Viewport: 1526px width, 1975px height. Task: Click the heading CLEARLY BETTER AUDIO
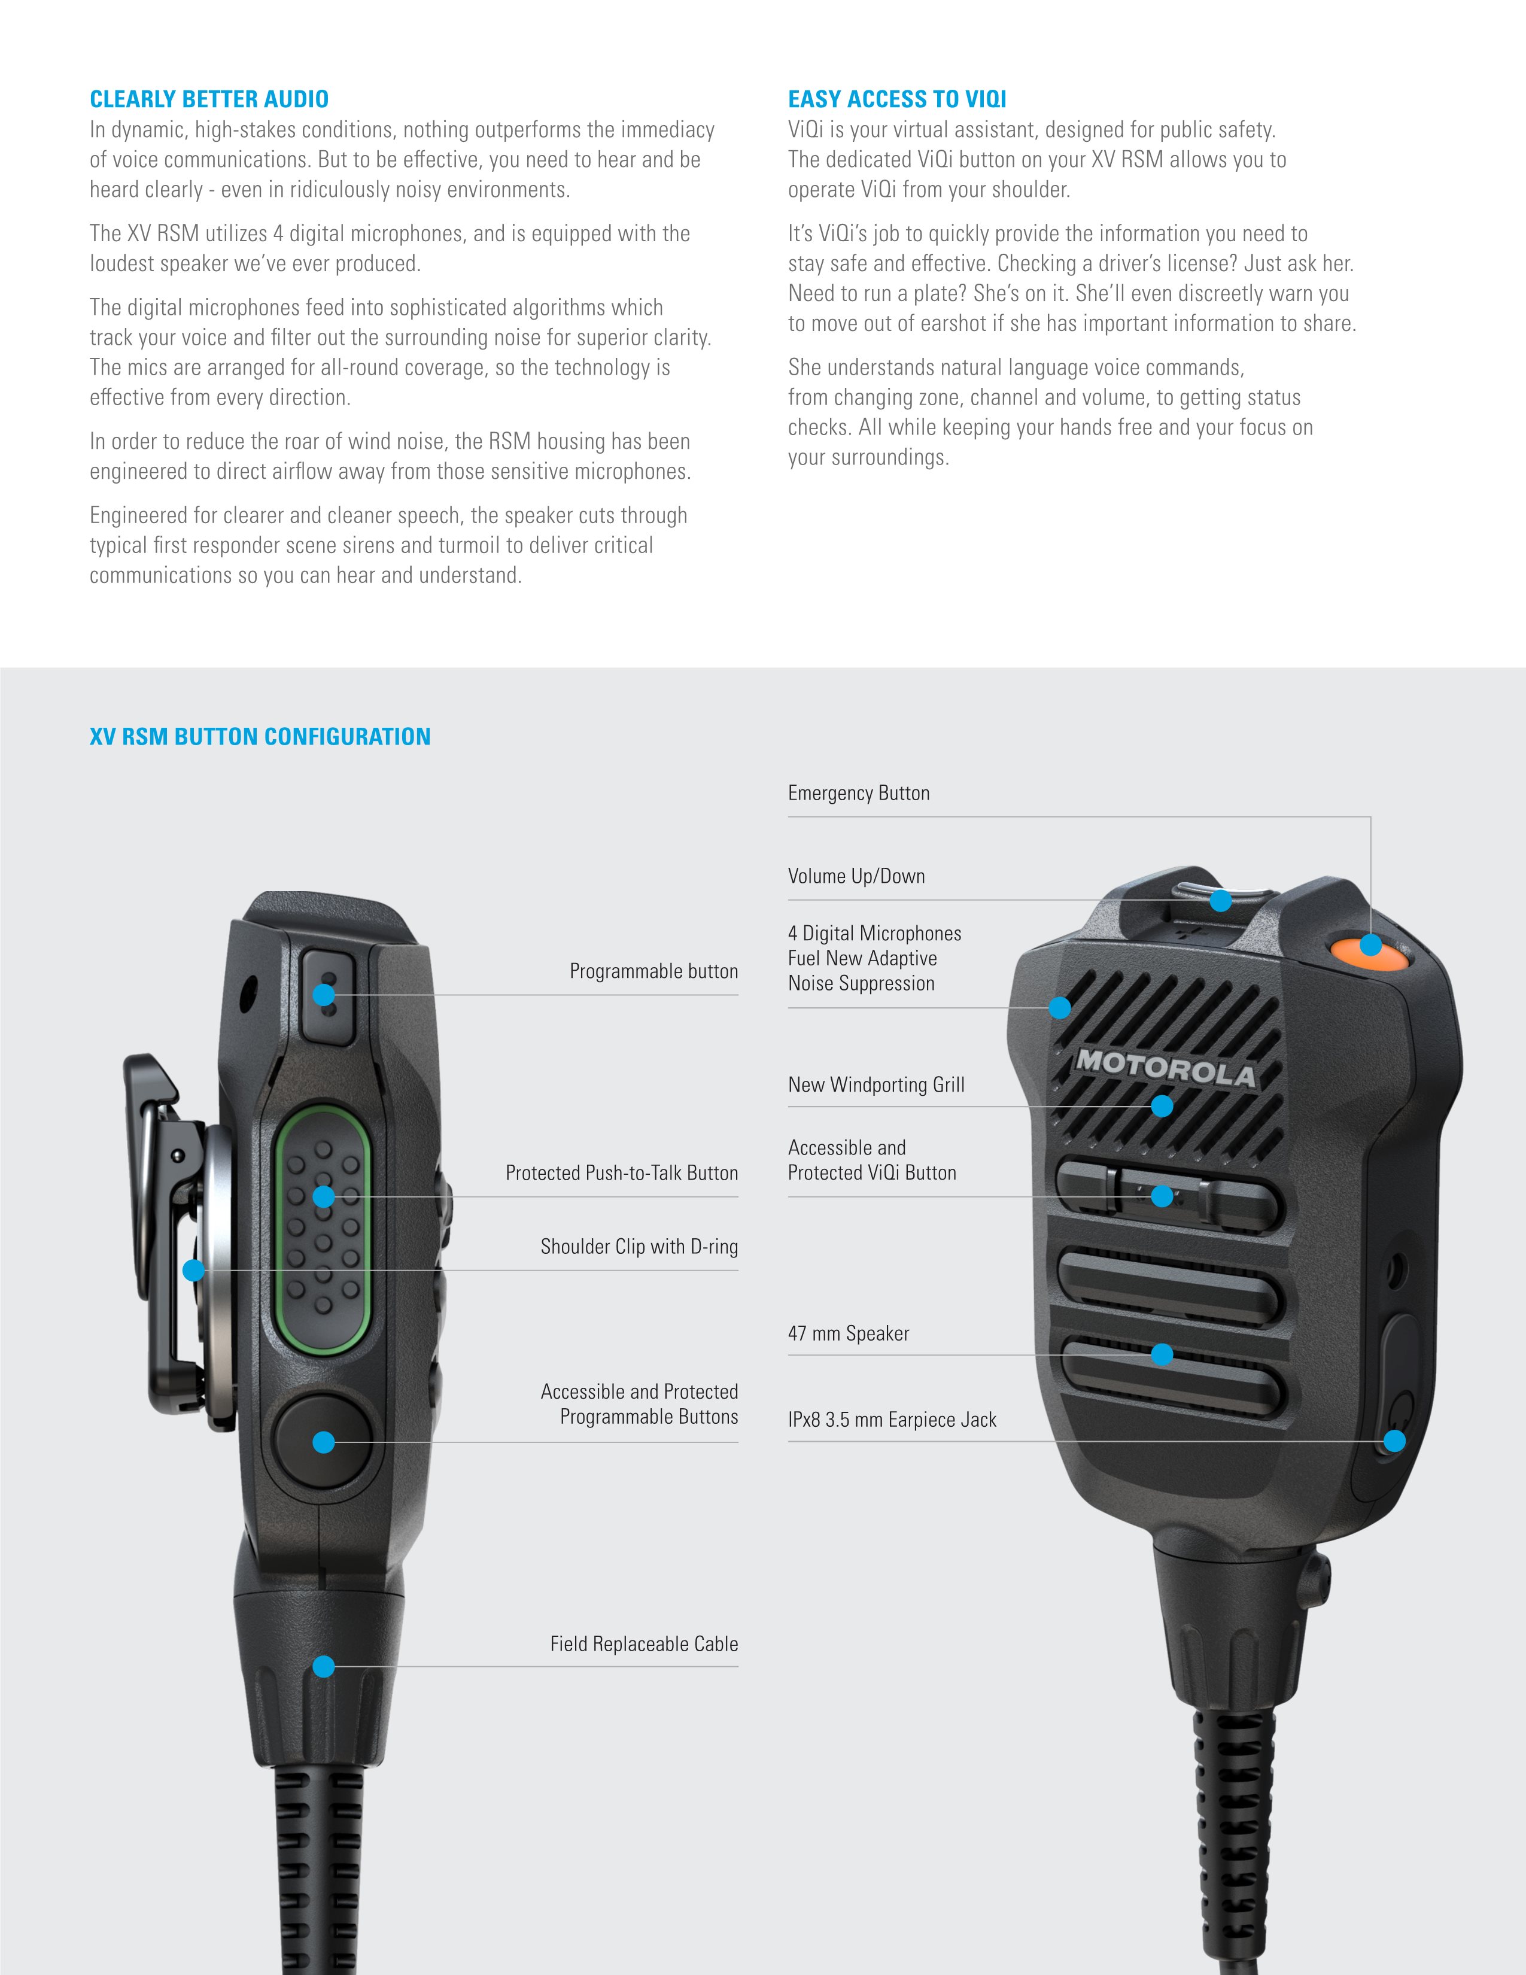click(209, 99)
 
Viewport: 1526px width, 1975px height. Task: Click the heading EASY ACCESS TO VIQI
click(897, 99)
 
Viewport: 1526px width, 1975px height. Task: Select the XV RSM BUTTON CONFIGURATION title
click(260, 736)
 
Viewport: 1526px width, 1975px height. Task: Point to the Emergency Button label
click(858, 793)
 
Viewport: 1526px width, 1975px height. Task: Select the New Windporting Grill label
click(876, 1084)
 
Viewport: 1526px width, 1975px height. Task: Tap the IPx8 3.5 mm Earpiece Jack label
click(892, 1419)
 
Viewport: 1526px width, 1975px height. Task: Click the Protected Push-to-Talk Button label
click(621, 1173)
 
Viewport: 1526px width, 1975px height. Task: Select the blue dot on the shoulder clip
click(193, 1269)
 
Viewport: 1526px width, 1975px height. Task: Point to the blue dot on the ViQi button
click(1163, 1196)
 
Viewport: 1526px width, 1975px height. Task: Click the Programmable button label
click(653, 971)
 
